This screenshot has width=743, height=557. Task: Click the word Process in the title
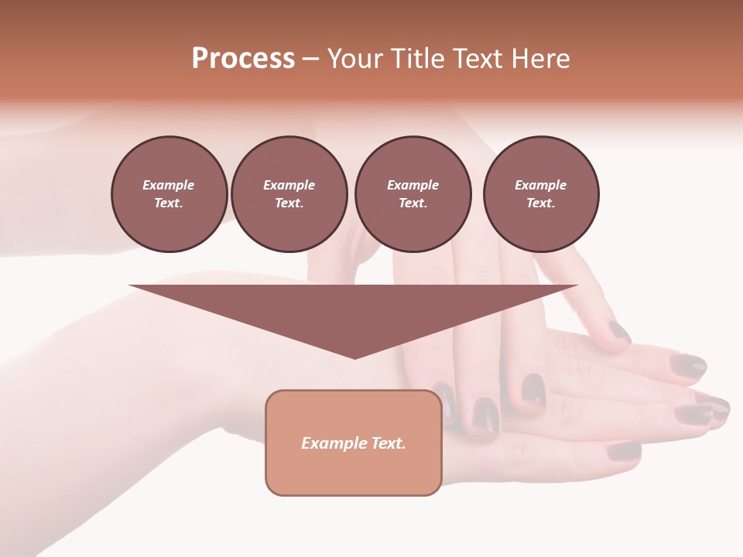click(x=243, y=59)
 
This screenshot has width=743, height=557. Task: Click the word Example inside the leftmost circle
click(x=169, y=185)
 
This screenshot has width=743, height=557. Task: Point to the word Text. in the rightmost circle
click(x=540, y=203)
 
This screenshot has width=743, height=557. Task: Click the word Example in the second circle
click(x=289, y=185)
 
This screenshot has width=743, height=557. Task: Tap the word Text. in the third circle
click(x=413, y=203)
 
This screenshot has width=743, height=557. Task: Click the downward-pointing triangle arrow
click(x=354, y=309)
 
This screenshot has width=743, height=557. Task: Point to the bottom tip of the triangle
click(x=354, y=357)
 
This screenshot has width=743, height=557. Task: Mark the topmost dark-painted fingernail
click(x=619, y=331)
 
